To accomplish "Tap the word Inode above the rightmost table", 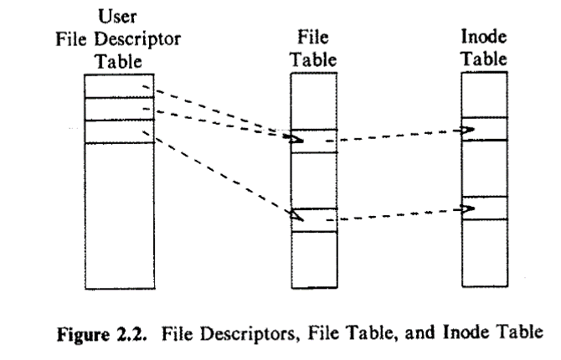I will tap(480, 38).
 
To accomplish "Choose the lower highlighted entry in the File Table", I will tap(312, 219).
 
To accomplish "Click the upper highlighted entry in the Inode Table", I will tap(484, 129).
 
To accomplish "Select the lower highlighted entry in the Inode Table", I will tap(484, 208).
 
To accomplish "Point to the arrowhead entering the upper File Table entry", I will tap(296, 138).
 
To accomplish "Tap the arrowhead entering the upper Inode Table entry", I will tap(467, 130).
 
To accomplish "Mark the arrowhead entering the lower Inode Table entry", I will tap(467, 207).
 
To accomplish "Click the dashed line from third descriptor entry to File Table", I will tap(218, 174).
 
